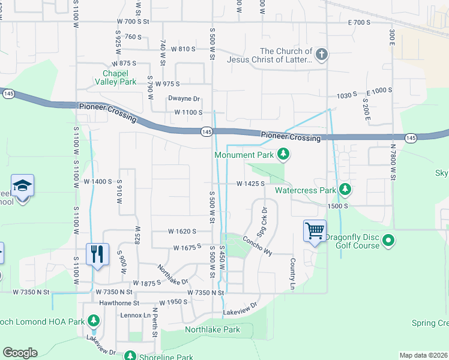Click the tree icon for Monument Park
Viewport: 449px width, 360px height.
click(x=283, y=155)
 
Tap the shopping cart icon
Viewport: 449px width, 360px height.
click(x=315, y=231)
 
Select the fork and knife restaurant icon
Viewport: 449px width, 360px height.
click(x=97, y=254)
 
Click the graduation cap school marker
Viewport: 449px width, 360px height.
click(x=22, y=187)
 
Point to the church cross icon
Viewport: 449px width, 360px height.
click(x=321, y=55)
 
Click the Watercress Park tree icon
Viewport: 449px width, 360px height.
click(x=345, y=190)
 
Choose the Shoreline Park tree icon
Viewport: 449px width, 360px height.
click(x=130, y=355)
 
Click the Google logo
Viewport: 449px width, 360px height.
click(x=20, y=353)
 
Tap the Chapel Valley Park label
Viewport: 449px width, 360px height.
click(x=115, y=77)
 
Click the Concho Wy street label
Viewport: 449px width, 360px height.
click(x=258, y=245)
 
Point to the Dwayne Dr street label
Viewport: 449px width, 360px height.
click(x=184, y=98)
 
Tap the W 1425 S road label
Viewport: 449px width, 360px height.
click(x=250, y=184)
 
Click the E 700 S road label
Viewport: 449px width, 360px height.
click(x=360, y=22)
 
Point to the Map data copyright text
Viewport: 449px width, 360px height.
click(x=423, y=355)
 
